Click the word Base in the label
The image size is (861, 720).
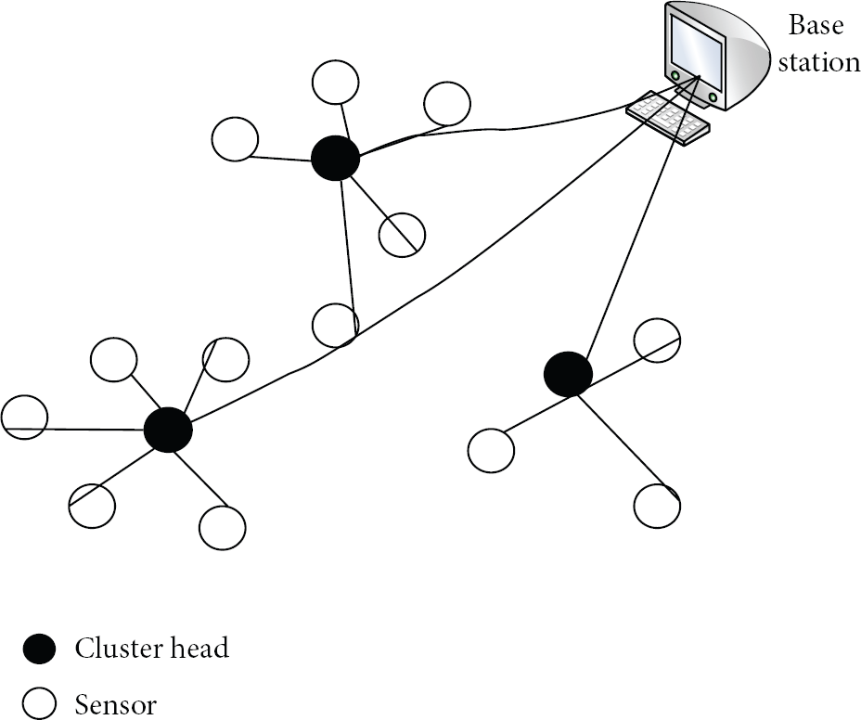coord(816,25)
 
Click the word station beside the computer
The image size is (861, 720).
coord(819,62)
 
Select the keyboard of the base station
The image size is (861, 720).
coord(668,118)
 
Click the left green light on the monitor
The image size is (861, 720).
coord(675,75)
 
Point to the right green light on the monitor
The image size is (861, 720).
coord(713,97)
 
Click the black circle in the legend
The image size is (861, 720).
coord(39,649)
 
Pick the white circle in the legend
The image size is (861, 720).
coord(39,703)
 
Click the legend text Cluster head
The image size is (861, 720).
coord(152,648)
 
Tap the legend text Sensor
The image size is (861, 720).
coord(116,704)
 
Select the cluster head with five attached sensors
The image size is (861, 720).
coord(168,430)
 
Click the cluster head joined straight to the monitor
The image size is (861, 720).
coord(569,374)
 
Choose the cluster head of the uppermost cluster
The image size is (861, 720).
coord(336,158)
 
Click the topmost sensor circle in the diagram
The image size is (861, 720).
coord(336,83)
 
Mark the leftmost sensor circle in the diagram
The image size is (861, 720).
coord(25,417)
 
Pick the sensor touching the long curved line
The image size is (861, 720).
coord(336,325)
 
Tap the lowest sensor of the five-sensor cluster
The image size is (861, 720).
coord(223,528)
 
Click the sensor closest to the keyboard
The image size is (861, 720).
coord(447,103)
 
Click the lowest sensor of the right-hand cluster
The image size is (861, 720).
coord(657,506)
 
